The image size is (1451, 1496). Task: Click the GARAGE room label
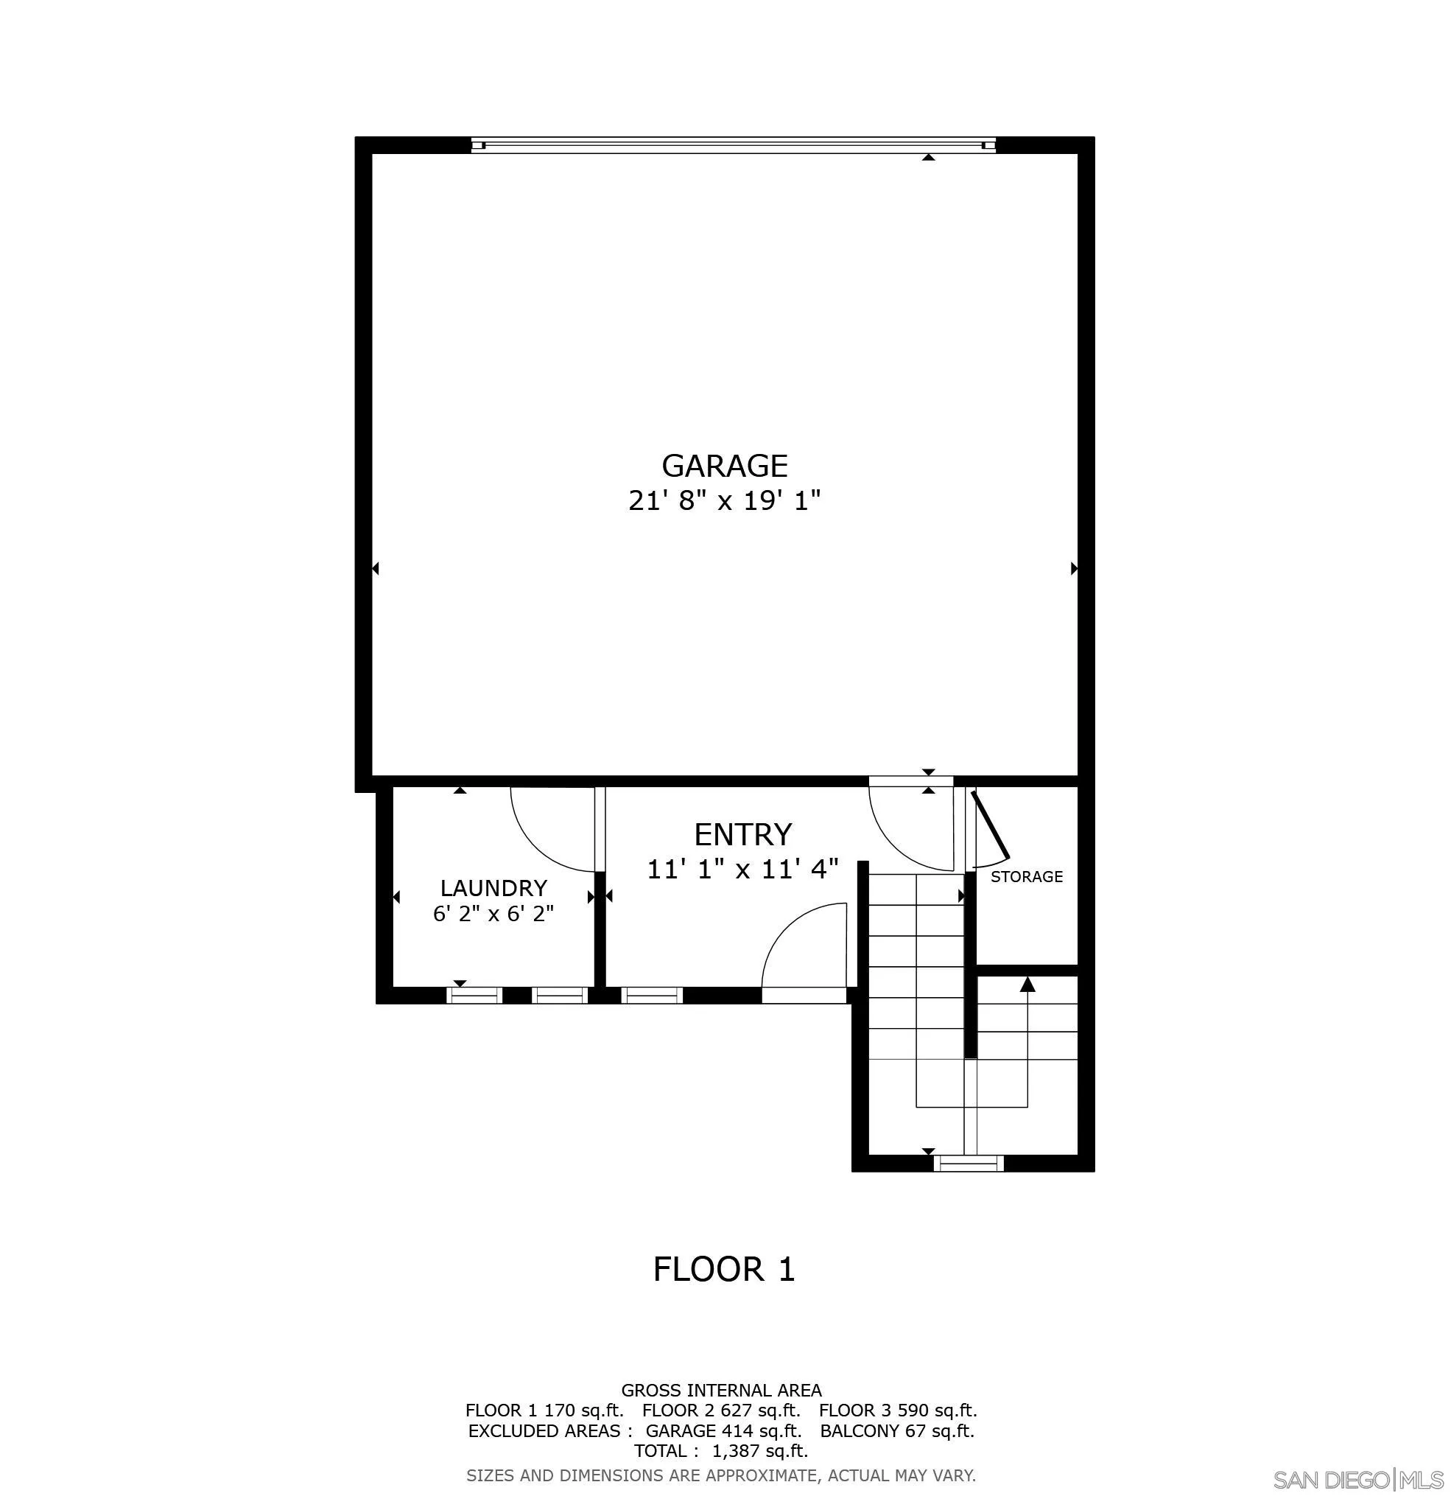pyautogui.click(x=724, y=466)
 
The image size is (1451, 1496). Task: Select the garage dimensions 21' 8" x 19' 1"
pyautogui.click(x=724, y=500)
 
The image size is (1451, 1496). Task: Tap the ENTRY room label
pyautogui.click(x=742, y=835)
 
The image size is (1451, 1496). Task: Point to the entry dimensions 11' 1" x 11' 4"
pyautogui.click(x=742, y=869)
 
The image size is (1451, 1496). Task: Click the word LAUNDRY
pyautogui.click(x=493, y=888)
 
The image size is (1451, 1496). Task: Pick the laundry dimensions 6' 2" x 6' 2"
pyautogui.click(x=493, y=914)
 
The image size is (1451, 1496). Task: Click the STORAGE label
pyautogui.click(x=1026, y=876)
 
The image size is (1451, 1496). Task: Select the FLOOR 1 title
pyautogui.click(x=724, y=1269)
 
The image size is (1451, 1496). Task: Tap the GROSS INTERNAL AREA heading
pyautogui.click(x=721, y=1390)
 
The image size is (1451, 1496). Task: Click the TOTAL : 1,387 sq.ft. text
pyautogui.click(x=721, y=1450)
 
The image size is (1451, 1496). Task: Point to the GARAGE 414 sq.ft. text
pyautogui.click(x=723, y=1430)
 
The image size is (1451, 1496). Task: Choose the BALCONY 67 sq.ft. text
pyautogui.click(x=897, y=1430)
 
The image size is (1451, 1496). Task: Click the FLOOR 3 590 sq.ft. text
pyautogui.click(x=898, y=1410)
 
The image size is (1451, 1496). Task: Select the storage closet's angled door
pyautogui.click(x=990, y=825)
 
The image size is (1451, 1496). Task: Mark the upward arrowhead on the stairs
pyautogui.click(x=1027, y=984)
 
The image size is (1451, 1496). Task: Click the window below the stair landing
pyautogui.click(x=969, y=1162)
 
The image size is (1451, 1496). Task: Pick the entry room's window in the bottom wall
pyautogui.click(x=652, y=995)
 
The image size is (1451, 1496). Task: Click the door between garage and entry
pyautogui.click(x=912, y=780)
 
